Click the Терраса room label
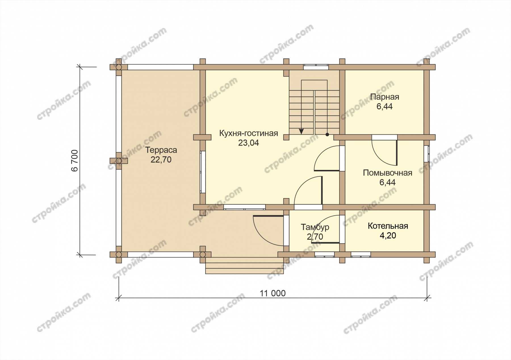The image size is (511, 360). [161, 150]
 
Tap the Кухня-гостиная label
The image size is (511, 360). [248, 133]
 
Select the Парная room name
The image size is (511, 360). [385, 97]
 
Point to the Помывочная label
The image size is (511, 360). [388, 173]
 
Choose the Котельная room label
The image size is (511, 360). [388, 226]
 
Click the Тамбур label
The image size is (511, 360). [315, 227]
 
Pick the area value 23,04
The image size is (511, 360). [248, 143]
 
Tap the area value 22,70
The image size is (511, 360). [161, 160]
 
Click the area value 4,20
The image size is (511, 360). [388, 236]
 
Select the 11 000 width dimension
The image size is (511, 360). [273, 293]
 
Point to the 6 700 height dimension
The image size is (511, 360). [75, 161]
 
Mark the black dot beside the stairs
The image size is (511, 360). [327, 134]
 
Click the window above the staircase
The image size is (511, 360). [316, 67]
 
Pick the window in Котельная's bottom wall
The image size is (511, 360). [361, 254]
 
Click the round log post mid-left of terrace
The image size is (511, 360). [119, 161]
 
